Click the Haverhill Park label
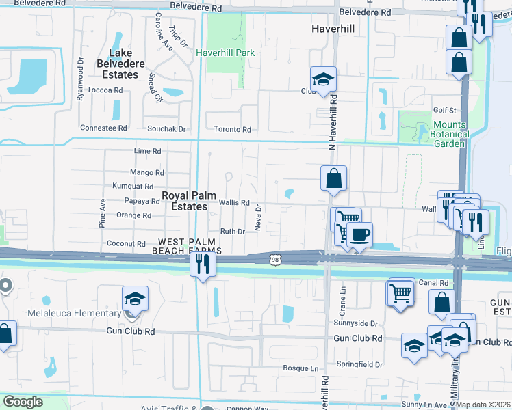(225, 53)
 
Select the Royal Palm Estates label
(184, 201)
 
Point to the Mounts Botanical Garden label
(450, 135)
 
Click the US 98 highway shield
(274, 260)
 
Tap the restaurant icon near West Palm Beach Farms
(201, 264)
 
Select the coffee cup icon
(359, 235)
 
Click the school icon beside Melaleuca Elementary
(135, 299)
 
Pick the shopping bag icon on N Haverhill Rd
(333, 180)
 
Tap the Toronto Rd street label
(232, 129)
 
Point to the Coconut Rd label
(127, 244)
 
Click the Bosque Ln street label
(300, 368)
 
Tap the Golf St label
(444, 109)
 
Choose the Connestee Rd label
(104, 128)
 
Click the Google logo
(23, 402)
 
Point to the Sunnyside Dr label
(356, 323)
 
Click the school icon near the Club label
(323, 79)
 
